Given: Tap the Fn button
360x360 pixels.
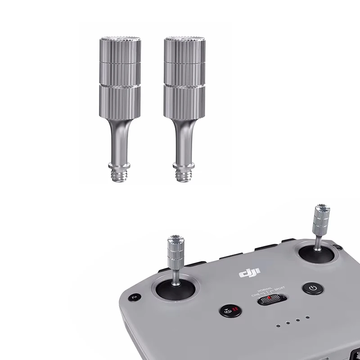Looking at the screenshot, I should click(134, 297).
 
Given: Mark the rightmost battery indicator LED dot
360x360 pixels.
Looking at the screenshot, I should click(308, 317).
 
